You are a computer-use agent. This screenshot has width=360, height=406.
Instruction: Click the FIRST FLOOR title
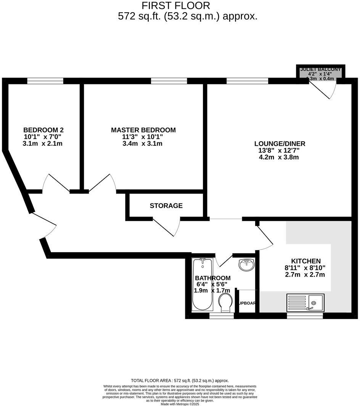tap(176, 6)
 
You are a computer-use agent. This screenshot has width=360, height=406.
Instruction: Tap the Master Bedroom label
tap(143, 130)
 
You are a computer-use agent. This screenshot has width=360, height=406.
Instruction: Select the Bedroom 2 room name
tap(43, 130)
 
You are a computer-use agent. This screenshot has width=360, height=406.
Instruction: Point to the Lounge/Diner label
tap(280, 144)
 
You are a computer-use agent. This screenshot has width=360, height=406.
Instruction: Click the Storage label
tap(166, 206)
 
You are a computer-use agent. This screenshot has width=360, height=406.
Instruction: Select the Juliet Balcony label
tap(321, 69)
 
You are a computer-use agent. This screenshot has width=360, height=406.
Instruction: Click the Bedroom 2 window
tap(45, 81)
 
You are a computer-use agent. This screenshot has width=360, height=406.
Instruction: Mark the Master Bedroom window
tap(169, 81)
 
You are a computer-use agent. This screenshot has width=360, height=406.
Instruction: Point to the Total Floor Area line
tap(180, 380)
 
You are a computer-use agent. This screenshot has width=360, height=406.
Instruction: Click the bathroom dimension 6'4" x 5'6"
tap(212, 284)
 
